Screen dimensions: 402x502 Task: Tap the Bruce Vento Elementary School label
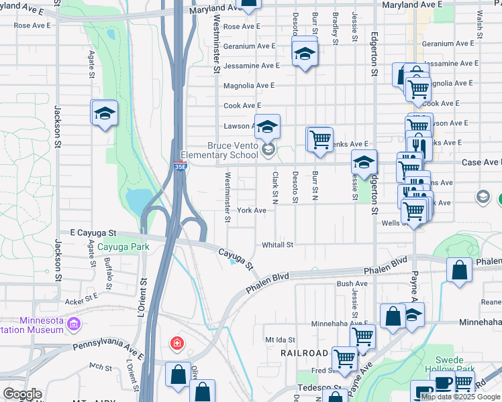232,150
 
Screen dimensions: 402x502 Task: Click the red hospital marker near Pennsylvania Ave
177,344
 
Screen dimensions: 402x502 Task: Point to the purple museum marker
74,325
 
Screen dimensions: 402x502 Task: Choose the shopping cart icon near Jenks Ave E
320,139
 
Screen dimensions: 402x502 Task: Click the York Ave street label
252,210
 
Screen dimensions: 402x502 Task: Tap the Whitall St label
278,245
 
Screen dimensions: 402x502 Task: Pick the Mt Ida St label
280,340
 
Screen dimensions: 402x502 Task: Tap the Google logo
22,394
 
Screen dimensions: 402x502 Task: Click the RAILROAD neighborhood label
304,352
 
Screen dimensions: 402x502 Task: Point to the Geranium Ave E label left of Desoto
250,46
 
